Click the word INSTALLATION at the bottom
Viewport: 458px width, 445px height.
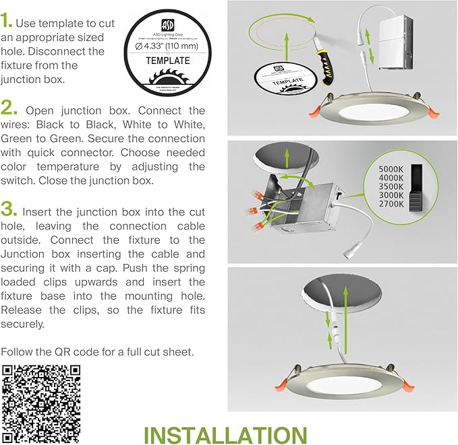coord(225,433)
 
